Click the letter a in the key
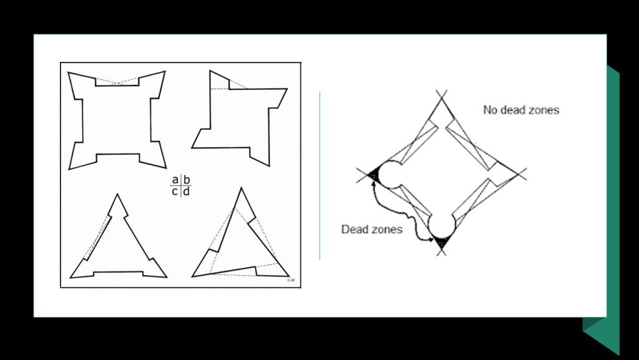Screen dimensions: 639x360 click(x=175, y=180)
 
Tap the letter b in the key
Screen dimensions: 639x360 click(x=187, y=179)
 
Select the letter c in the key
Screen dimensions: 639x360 click(x=175, y=192)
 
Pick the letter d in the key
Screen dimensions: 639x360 click(x=186, y=191)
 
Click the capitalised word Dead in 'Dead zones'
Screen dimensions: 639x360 click(x=353, y=229)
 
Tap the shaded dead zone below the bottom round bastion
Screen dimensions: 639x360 click(x=441, y=242)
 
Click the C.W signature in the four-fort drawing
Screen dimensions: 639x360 click(x=291, y=280)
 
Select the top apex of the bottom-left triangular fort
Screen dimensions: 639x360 click(x=117, y=194)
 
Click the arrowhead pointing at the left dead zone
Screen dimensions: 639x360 click(x=373, y=183)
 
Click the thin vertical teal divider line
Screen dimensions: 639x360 click(x=320, y=176)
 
